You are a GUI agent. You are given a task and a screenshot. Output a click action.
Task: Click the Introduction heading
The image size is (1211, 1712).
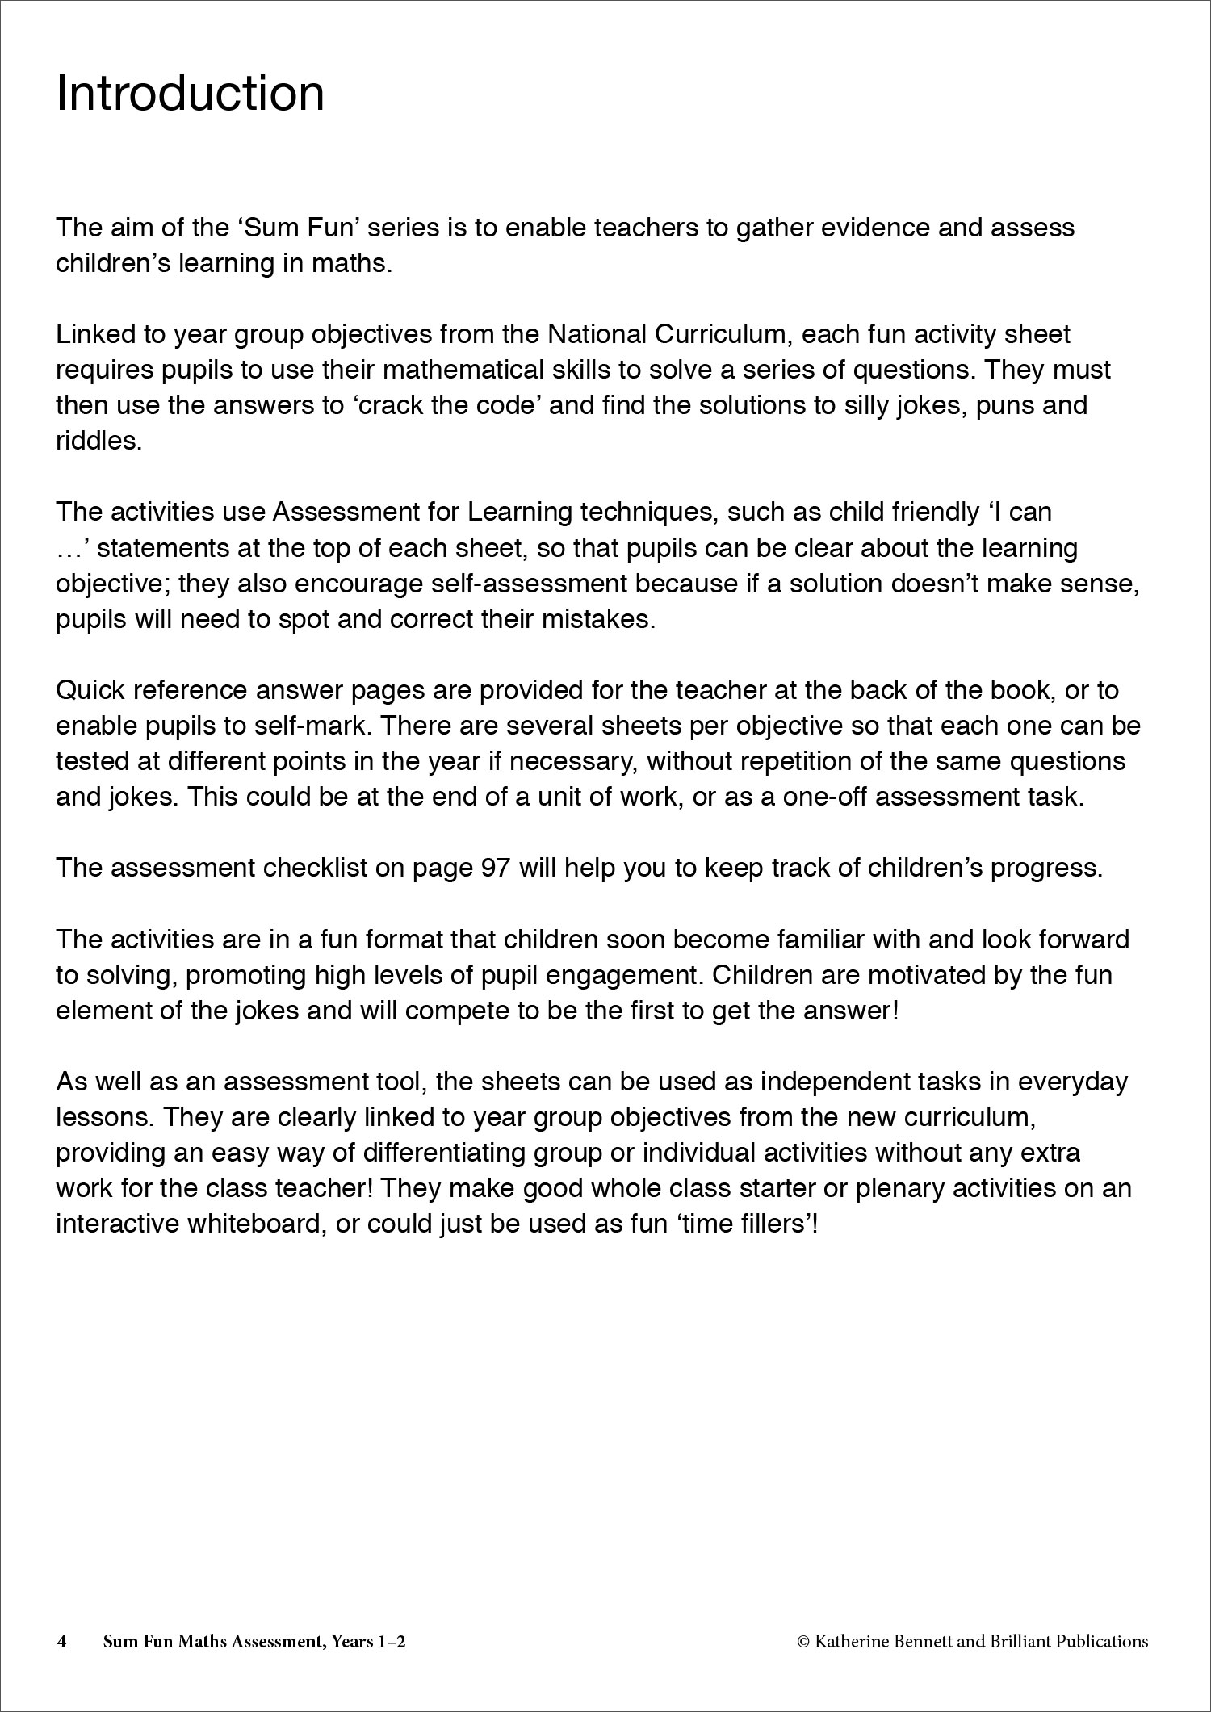190,94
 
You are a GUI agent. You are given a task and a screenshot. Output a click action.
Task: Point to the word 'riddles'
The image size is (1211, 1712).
98,441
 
